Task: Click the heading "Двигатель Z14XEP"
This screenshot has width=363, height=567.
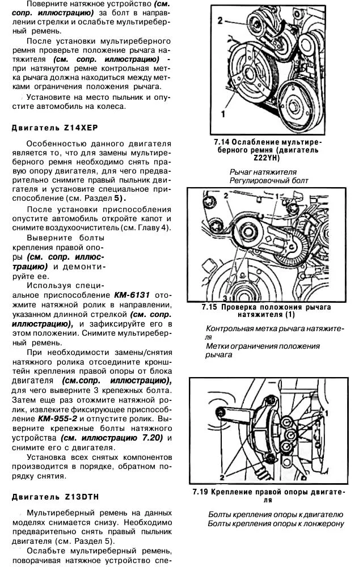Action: coord(54,128)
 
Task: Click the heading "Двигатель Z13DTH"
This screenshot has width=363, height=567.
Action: coord(56,497)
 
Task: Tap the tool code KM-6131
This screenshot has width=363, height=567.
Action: coord(132,295)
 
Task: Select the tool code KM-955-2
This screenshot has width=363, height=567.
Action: coord(57,419)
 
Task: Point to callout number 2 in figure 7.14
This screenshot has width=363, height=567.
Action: coord(220,20)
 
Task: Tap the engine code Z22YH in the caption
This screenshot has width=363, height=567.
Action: coord(267,158)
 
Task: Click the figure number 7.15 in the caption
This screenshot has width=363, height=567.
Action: coord(209,307)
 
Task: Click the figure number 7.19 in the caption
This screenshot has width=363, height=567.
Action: coord(200,492)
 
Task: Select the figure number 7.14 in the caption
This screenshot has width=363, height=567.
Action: coord(221,142)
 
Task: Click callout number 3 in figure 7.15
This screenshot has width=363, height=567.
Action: coord(225,298)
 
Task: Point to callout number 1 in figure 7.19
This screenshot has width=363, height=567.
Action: coord(327,413)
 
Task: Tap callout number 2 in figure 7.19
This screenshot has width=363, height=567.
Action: coord(222,477)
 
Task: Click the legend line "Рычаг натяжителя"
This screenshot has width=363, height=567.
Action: coord(263,172)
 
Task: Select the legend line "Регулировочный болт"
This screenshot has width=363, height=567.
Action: coord(269,180)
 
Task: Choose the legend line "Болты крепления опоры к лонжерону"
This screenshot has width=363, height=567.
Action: coord(276,523)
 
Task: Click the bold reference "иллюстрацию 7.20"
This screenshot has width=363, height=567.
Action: coord(112,438)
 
